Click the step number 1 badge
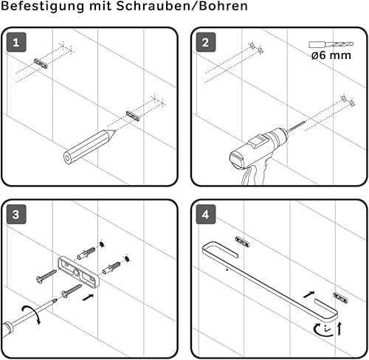(16, 42)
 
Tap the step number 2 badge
(206, 42)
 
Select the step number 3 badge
(16, 214)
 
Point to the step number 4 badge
(206, 214)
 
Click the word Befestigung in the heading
(43, 7)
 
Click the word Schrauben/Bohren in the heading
(182, 6)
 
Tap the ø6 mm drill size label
(331, 55)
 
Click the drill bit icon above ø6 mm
(331, 44)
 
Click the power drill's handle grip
(253, 175)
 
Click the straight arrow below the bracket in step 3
(88, 297)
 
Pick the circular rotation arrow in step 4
(323, 330)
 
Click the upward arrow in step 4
(339, 329)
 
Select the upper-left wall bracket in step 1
(41, 63)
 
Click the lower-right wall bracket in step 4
(340, 297)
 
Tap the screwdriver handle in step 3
(7, 328)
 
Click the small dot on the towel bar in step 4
(227, 270)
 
